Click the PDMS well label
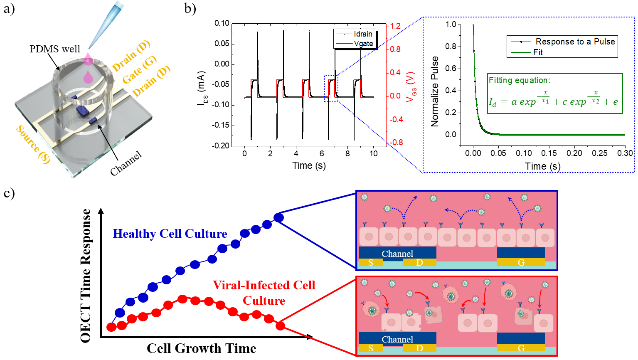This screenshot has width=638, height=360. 54,49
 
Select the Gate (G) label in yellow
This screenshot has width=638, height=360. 139,70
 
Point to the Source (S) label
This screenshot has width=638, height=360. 33,144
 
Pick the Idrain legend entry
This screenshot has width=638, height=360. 362,34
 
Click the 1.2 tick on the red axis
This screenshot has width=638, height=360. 395,26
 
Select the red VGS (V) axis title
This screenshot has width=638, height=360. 411,87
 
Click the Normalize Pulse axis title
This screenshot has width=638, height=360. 435,91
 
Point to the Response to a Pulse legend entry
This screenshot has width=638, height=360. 575,42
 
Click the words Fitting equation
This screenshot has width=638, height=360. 519,80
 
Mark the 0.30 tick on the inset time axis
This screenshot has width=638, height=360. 625,153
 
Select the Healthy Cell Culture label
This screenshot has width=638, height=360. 170,234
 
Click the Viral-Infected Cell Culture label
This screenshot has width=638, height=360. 264,293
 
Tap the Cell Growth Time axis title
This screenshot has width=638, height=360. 201,348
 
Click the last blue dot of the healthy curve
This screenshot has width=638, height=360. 278,217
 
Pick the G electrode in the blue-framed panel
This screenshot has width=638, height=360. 521,262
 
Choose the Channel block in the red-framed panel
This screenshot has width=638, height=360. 397,339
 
